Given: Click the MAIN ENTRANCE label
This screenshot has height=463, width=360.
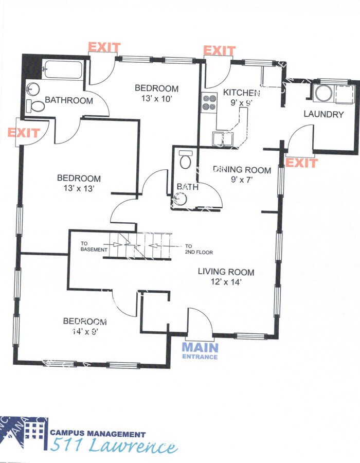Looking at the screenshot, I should (x=200, y=350).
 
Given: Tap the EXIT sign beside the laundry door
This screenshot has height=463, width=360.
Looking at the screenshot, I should (x=301, y=163).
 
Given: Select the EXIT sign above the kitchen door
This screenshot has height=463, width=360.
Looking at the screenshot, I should (x=220, y=50).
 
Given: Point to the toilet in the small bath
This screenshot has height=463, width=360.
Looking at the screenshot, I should (x=186, y=161).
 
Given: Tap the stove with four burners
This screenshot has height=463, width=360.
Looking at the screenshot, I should (x=208, y=102).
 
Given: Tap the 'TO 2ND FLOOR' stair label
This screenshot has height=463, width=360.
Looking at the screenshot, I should (x=199, y=249).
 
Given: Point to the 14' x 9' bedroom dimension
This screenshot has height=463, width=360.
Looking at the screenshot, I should (x=85, y=331).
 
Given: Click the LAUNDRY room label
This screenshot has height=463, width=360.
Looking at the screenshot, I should (x=323, y=114).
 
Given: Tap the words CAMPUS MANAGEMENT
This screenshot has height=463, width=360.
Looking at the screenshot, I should (x=98, y=435).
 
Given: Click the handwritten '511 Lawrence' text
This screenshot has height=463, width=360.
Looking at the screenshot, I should (x=113, y=447).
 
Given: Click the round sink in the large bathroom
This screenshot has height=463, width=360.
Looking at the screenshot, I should (x=32, y=89).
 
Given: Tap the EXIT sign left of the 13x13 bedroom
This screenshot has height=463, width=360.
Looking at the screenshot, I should (x=23, y=133).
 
